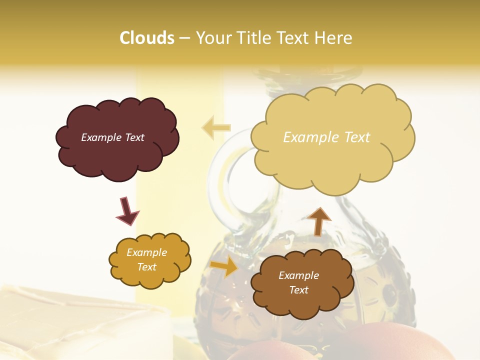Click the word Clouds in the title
tap(147, 38)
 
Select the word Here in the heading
tap(334, 38)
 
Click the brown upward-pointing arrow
tap(319, 221)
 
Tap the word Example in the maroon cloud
tap(100, 137)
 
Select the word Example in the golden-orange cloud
tap(146, 252)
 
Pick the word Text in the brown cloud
tap(298, 290)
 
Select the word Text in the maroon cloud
tap(133, 137)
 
